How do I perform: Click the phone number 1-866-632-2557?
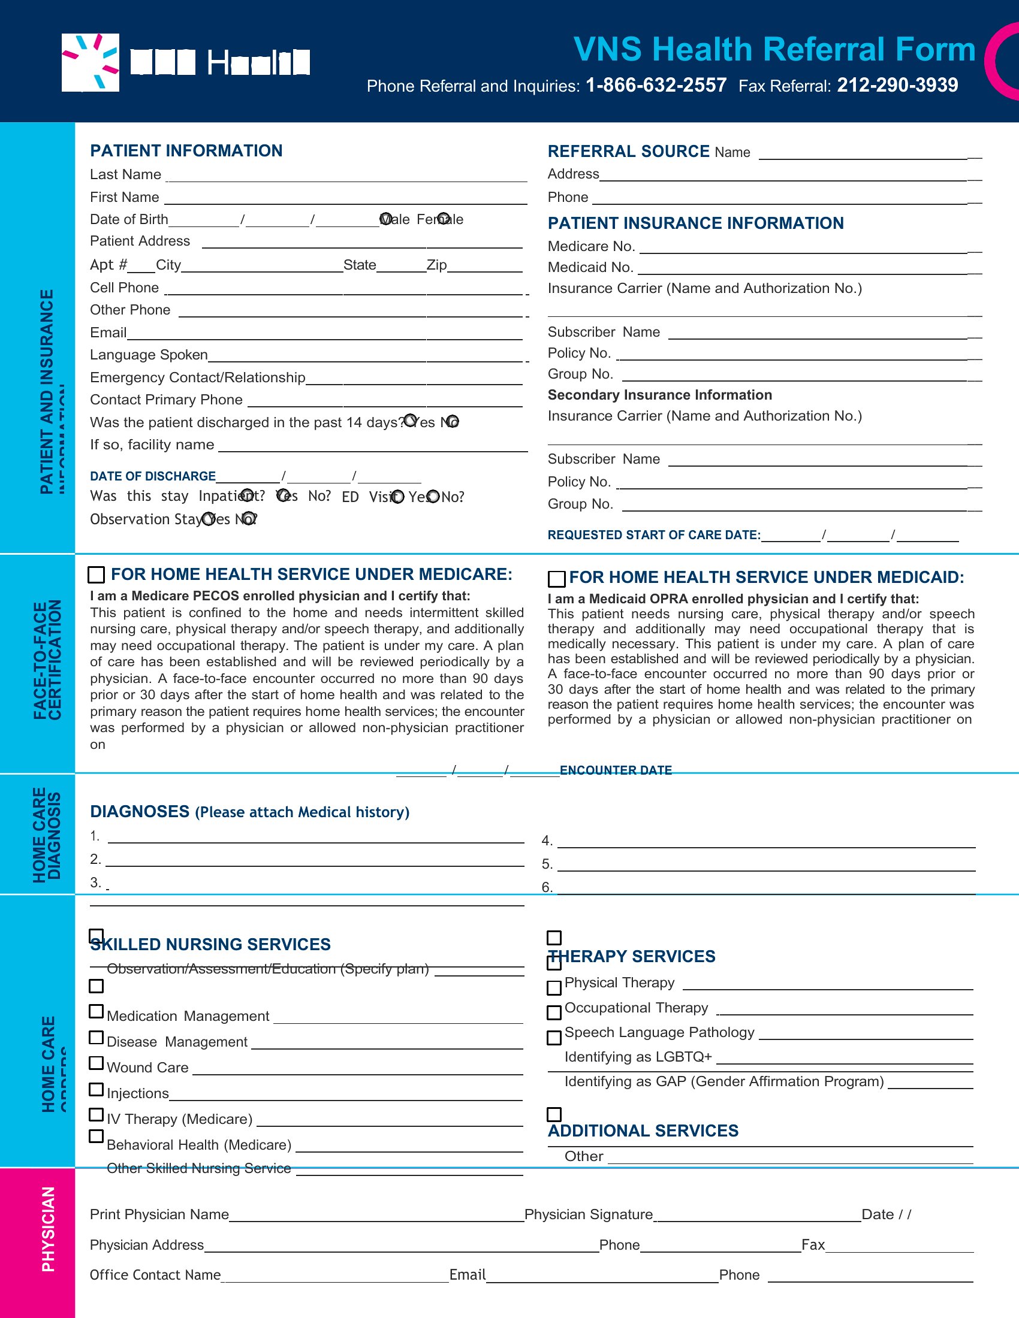(656, 85)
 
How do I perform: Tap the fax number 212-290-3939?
(897, 85)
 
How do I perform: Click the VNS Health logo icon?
(91, 63)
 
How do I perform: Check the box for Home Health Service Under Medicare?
(96, 575)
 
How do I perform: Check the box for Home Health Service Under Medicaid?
(556, 579)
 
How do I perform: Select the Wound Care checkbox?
(96, 1063)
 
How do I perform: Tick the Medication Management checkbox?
(96, 1011)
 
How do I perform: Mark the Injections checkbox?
(96, 1089)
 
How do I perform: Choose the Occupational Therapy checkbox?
(554, 1012)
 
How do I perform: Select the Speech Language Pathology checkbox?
(554, 1038)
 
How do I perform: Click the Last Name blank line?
(346, 177)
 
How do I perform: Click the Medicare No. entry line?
(809, 248)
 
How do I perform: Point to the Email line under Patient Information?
(324, 335)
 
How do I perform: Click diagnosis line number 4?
(765, 843)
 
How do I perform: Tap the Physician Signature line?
(757, 1217)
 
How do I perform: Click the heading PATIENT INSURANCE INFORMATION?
(695, 223)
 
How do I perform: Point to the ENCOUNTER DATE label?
(616, 770)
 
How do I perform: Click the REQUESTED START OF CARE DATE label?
(654, 534)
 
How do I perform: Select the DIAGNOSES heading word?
(140, 812)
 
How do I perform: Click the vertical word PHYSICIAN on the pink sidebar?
(49, 1229)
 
